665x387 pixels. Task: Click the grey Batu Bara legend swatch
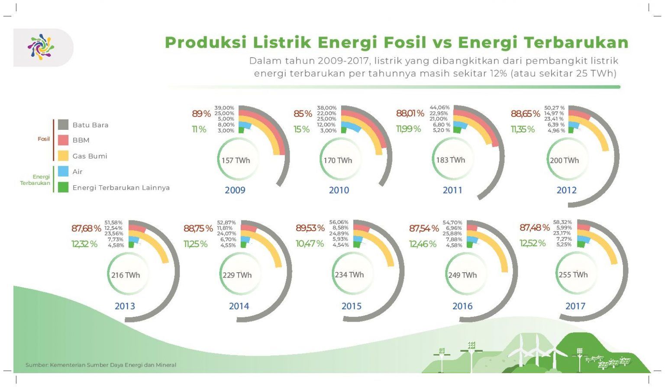63,125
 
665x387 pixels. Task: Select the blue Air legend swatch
63,171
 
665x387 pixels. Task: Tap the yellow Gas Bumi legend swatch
63,156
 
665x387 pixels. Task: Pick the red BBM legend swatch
63,140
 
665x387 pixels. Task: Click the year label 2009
235,190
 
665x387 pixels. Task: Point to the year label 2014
239,306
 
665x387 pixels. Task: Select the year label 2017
575,306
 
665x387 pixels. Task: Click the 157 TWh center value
236,161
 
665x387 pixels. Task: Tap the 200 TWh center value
564,161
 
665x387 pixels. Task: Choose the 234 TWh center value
349,275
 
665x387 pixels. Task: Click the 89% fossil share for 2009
201,114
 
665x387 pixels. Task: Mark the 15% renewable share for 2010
302,129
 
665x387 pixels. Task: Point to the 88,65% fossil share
525,114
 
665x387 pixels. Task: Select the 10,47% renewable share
310,244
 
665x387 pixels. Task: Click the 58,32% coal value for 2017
562,222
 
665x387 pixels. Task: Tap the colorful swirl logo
41,47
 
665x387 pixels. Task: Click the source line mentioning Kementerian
101,365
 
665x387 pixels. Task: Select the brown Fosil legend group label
44,139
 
